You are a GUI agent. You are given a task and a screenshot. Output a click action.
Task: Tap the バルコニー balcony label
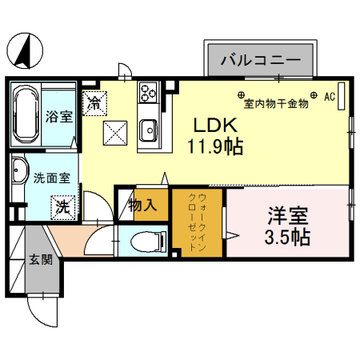[x=260, y=61]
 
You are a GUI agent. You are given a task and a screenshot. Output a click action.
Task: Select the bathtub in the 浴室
[x=26, y=115]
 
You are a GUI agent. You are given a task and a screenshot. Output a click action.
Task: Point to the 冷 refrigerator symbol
[x=94, y=102]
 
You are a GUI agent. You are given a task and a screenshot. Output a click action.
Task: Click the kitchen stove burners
[x=148, y=94]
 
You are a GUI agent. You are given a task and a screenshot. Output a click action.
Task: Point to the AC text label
[x=328, y=96]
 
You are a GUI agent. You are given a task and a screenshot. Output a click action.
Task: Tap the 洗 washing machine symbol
[x=62, y=206]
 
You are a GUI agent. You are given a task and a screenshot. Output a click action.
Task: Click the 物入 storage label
[x=142, y=206]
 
